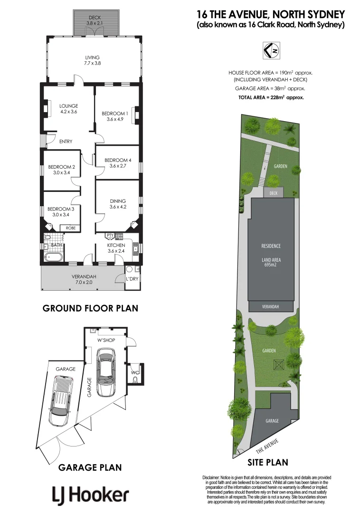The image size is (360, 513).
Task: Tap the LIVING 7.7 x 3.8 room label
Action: click(93, 60)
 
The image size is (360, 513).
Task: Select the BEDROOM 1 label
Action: click(115, 116)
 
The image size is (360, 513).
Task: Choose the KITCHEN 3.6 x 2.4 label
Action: click(116, 248)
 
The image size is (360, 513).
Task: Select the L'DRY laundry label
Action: click(132, 279)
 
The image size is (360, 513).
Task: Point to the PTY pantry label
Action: click(110, 236)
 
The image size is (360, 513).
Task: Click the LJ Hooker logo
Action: click(90, 495)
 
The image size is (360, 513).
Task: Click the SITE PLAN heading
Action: click(268, 462)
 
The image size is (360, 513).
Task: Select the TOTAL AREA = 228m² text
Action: click(271, 97)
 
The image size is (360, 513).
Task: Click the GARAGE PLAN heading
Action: click(90, 467)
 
